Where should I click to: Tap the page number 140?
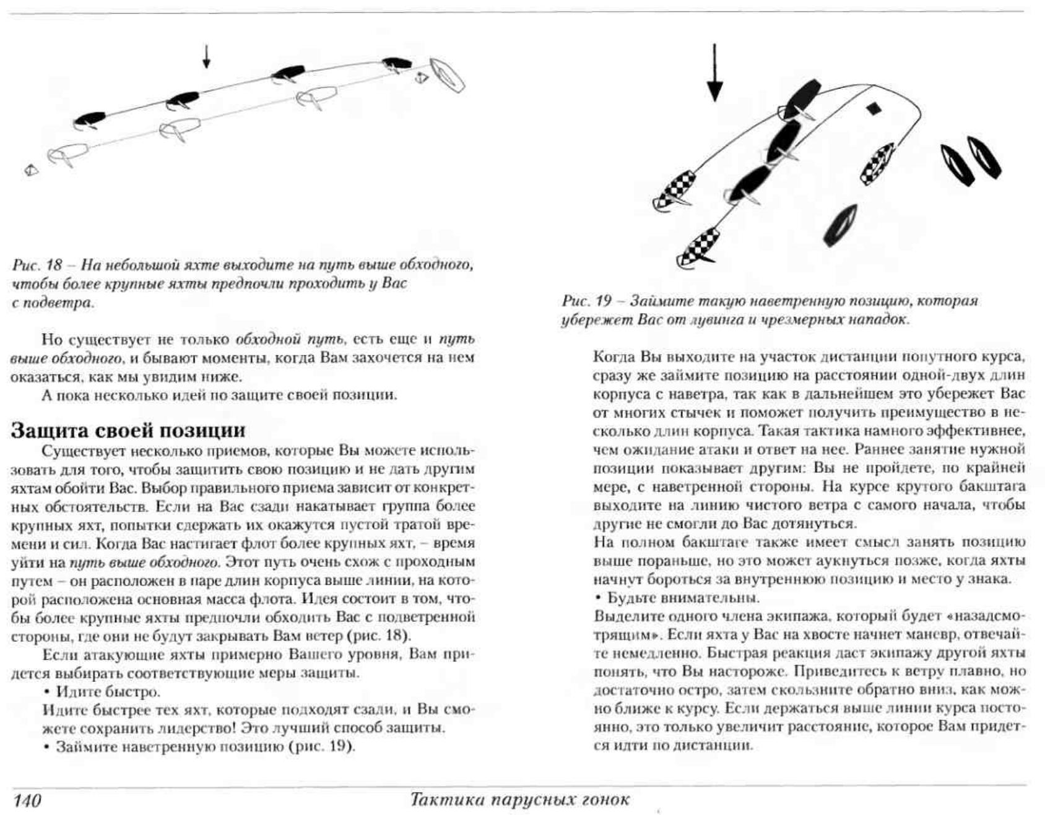[27, 800]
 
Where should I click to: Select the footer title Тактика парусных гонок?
[519, 799]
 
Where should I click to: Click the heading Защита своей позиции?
[128, 430]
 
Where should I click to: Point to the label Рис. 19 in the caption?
[586, 301]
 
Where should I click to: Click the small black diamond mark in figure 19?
[874, 109]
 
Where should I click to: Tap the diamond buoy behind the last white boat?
[31, 170]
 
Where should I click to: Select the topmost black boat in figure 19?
[802, 99]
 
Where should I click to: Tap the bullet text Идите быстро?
[108, 691]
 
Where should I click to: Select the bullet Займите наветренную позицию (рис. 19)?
[205, 746]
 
